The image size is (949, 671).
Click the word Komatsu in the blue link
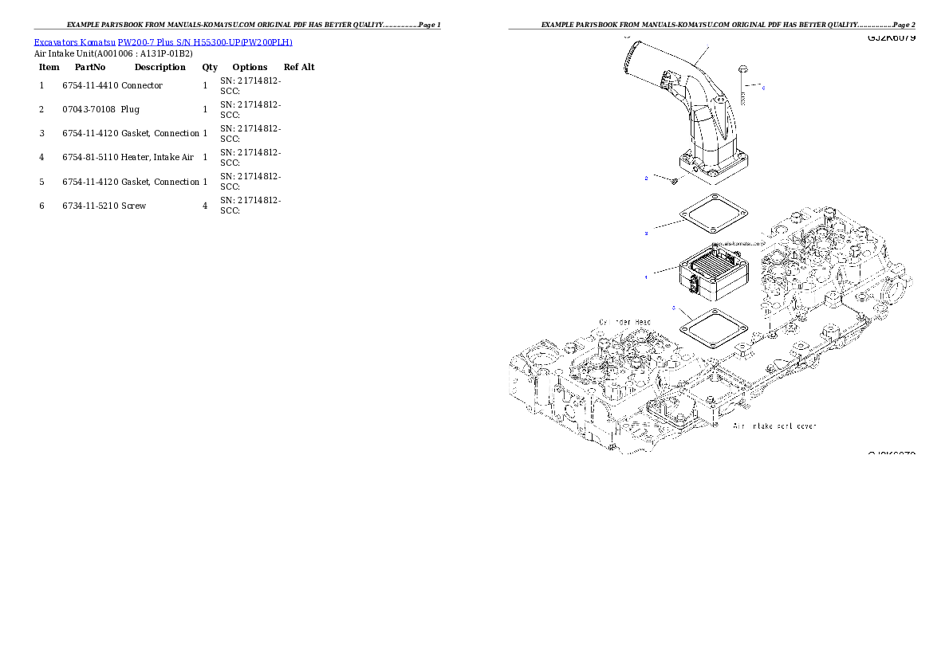[96, 42]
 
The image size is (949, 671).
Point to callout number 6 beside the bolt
[763, 88]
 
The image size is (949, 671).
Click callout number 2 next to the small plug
[646, 179]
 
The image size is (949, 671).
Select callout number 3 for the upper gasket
[646, 233]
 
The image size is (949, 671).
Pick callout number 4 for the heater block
[646, 277]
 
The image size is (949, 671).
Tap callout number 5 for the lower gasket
[674, 308]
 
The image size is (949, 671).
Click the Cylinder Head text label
[625, 322]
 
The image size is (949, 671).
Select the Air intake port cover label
[774, 426]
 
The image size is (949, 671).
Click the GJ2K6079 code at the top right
[891, 38]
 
